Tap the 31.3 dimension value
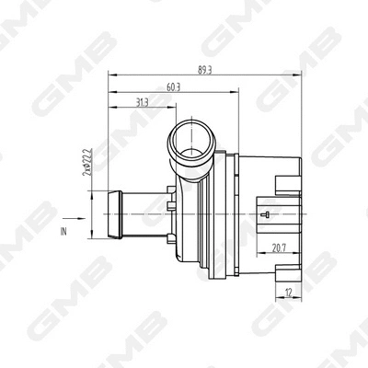pos(143,101)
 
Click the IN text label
pos(63,232)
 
